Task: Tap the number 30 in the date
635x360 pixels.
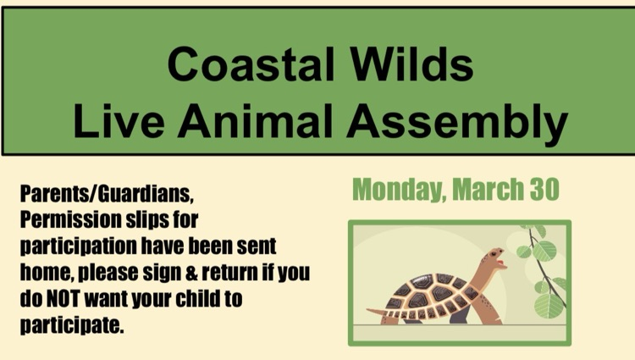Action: [x=544, y=190]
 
